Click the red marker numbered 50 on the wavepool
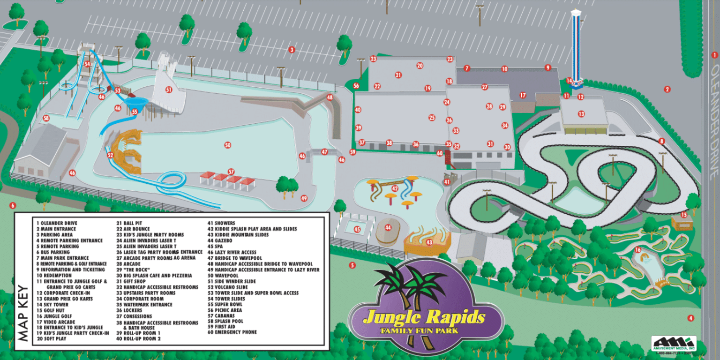(x=228, y=145)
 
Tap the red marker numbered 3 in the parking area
(x=292, y=50)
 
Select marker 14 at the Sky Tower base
(x=569, y=81)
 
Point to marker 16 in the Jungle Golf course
(x=637, y=250)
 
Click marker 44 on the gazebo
(x=388, y=227)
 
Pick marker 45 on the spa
(x=357, y=229)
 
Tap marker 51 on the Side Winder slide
(x=169, y=89)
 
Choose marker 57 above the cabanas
(x=231, y=172)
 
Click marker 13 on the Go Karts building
(x=581, y=114)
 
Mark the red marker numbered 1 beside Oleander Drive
(x=714, y=55)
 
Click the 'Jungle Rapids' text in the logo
(x=424, y=317)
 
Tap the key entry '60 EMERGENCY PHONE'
(x=232, y=332)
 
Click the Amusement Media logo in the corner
(x=673, y=344)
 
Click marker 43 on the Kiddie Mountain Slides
(x=429, y=242)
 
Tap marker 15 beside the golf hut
(x=684, y=215)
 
